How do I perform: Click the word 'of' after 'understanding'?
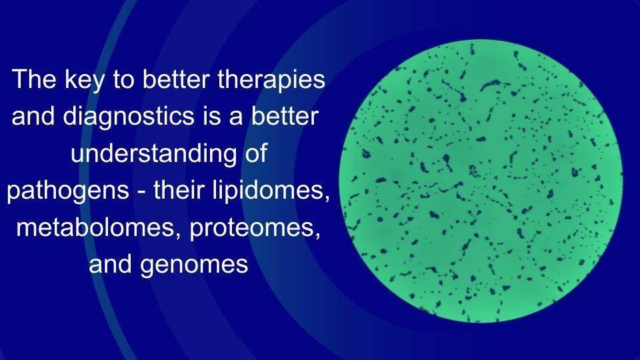255,155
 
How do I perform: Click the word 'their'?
178,192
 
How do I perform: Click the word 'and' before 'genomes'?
110,265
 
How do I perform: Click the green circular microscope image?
481,181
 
